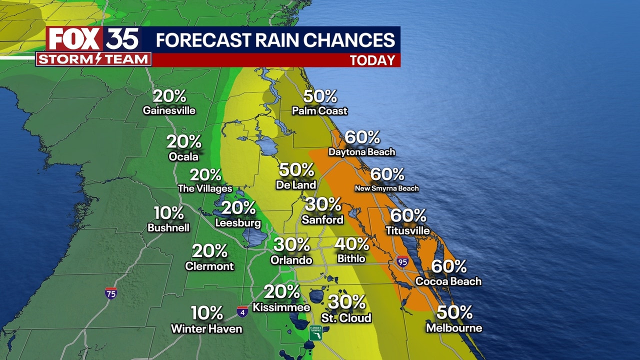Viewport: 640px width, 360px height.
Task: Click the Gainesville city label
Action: click(x=169, y=110)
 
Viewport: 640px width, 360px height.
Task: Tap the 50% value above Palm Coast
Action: click(x=320, y=96)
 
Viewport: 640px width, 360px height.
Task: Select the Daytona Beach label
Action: click(x=361, y=151)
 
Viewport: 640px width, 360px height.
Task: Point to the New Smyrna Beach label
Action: click(x=386, y=188)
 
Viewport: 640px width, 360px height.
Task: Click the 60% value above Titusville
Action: click(x=408, y=215)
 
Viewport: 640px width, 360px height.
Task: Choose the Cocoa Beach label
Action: click(x=448, y=281)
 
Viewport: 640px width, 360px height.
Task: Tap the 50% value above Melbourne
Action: click(x=454, y=312)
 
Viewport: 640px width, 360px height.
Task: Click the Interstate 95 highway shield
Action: click(x=402, y=261)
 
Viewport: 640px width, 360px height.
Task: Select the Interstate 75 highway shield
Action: click(x=111, y=293)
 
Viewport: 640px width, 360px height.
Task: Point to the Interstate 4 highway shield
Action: click(x=242, y=312)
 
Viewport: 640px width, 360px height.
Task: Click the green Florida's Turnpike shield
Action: click(x=315, y=333)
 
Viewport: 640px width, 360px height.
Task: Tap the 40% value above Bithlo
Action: click(x=351, y=244)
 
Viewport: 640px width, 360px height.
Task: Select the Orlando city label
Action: click(x=291, y=260)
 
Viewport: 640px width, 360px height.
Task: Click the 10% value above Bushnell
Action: click(x=168, y=213)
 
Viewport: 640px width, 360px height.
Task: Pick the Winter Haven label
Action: click(x=206, y=329)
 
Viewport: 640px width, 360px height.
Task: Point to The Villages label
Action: click(x=205, y=188)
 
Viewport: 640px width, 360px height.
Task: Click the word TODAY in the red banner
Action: click(x=372, y=60)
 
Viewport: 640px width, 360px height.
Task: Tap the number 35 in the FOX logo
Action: click(x=122, y=39)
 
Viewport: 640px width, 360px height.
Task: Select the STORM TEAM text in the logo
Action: click(x=93, y=59)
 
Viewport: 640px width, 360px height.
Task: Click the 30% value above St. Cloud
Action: click(x=347, y=302)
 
